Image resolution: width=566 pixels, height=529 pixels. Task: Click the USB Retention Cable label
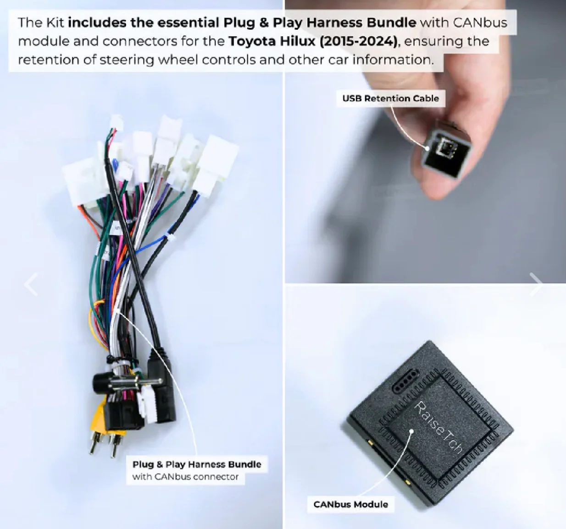(390, 98)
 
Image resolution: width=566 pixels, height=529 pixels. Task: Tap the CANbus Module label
(350, 504)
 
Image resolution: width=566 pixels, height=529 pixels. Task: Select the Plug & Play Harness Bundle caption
(197, 464)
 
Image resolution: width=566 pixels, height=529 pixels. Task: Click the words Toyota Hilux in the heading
(272, 41)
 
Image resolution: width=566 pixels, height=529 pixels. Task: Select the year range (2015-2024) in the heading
(358, 41)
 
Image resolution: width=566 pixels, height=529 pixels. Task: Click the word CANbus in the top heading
(480, 23)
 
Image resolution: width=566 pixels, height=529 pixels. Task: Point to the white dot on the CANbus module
(411, 431)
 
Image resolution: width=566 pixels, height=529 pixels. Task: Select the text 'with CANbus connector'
(185, 477)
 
